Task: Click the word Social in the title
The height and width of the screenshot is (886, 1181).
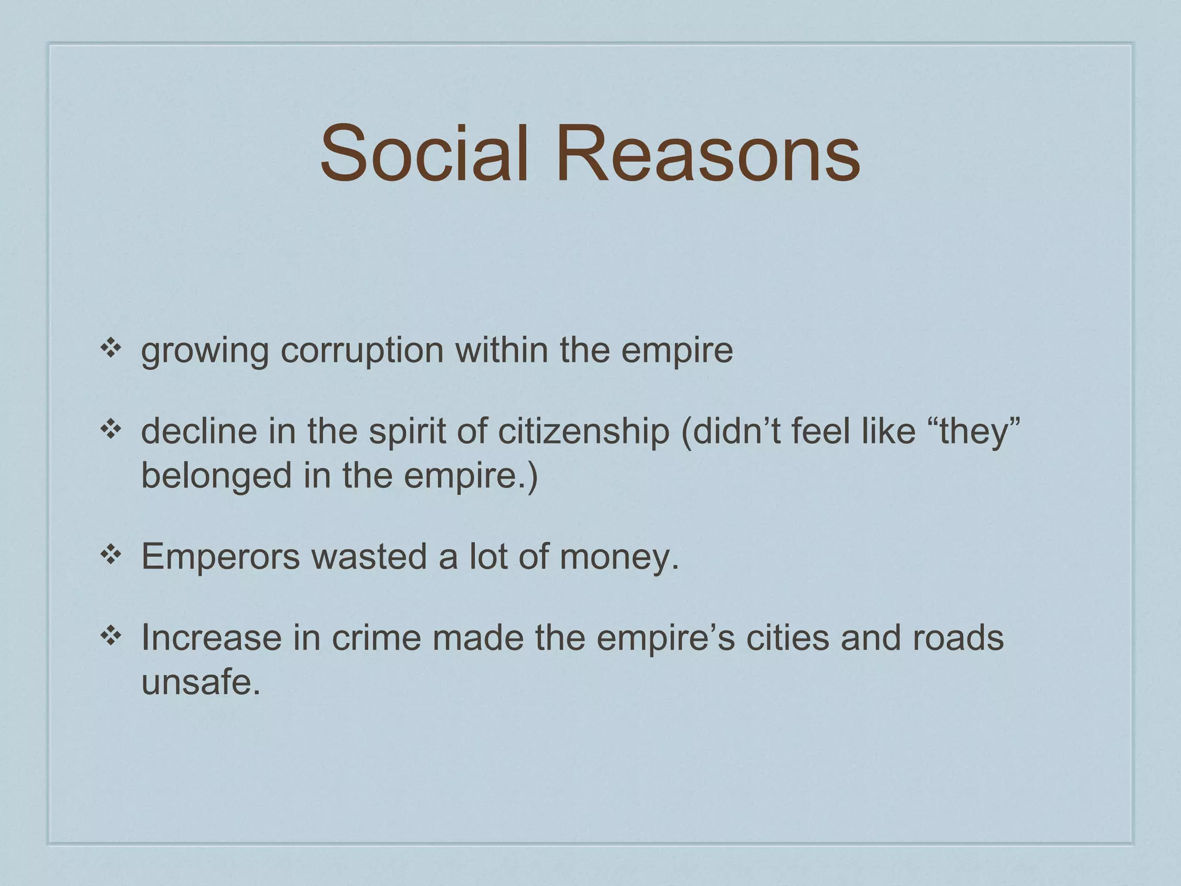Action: [x=424, y=155]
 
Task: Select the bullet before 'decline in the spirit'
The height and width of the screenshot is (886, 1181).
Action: [x=110, y=429]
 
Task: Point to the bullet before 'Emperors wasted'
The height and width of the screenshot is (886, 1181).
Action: [x=110, y=555]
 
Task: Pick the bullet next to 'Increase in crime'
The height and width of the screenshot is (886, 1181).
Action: [x=110, y=636]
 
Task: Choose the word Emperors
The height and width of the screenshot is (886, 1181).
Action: [x=220, y=557]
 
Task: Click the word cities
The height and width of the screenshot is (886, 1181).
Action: [x=788, y=638]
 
